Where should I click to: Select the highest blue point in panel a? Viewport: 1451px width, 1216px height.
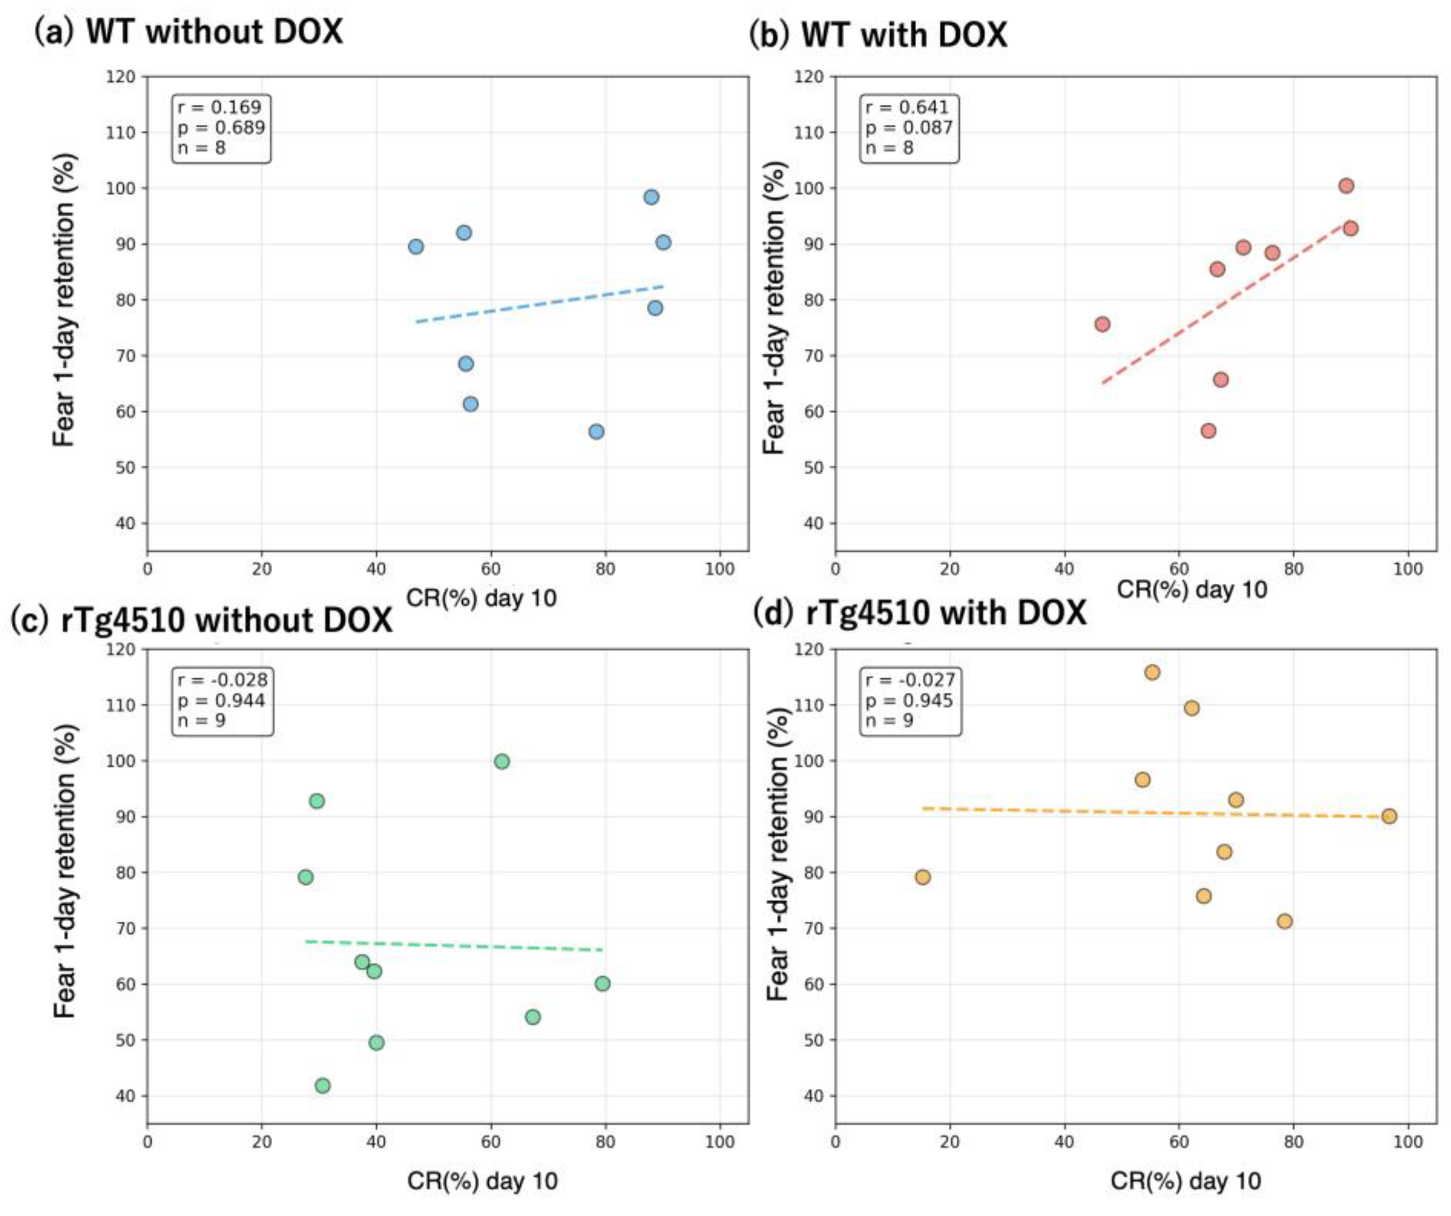pyautogui.click(x=651, y=197)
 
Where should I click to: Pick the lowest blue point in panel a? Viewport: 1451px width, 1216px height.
pyautogui.click(x=597, y=431)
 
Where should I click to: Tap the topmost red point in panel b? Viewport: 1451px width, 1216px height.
pyautogui.click(x=1346, y=185)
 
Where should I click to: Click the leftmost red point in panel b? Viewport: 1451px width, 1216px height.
pyautogui.click(x=1102, y=324)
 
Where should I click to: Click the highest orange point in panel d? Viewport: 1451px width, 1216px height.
pyautogui.click(x=1152, y=672)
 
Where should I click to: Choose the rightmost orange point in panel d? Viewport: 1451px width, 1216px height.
pyautogui.click(x=1389, y=816)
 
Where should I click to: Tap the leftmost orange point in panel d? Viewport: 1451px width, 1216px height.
pyautogui.click(x=922, y=877)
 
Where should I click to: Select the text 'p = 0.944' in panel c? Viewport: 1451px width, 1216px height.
pyautogui.click(x=221, y=700)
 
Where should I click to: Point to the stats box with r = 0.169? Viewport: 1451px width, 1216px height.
pyautogui.click(x=221, y=128)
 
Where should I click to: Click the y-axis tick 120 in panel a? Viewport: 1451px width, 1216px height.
pyautogui.click(x=122, y=77)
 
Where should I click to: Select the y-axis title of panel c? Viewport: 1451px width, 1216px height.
pyautogui.click(x=64, y=871)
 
